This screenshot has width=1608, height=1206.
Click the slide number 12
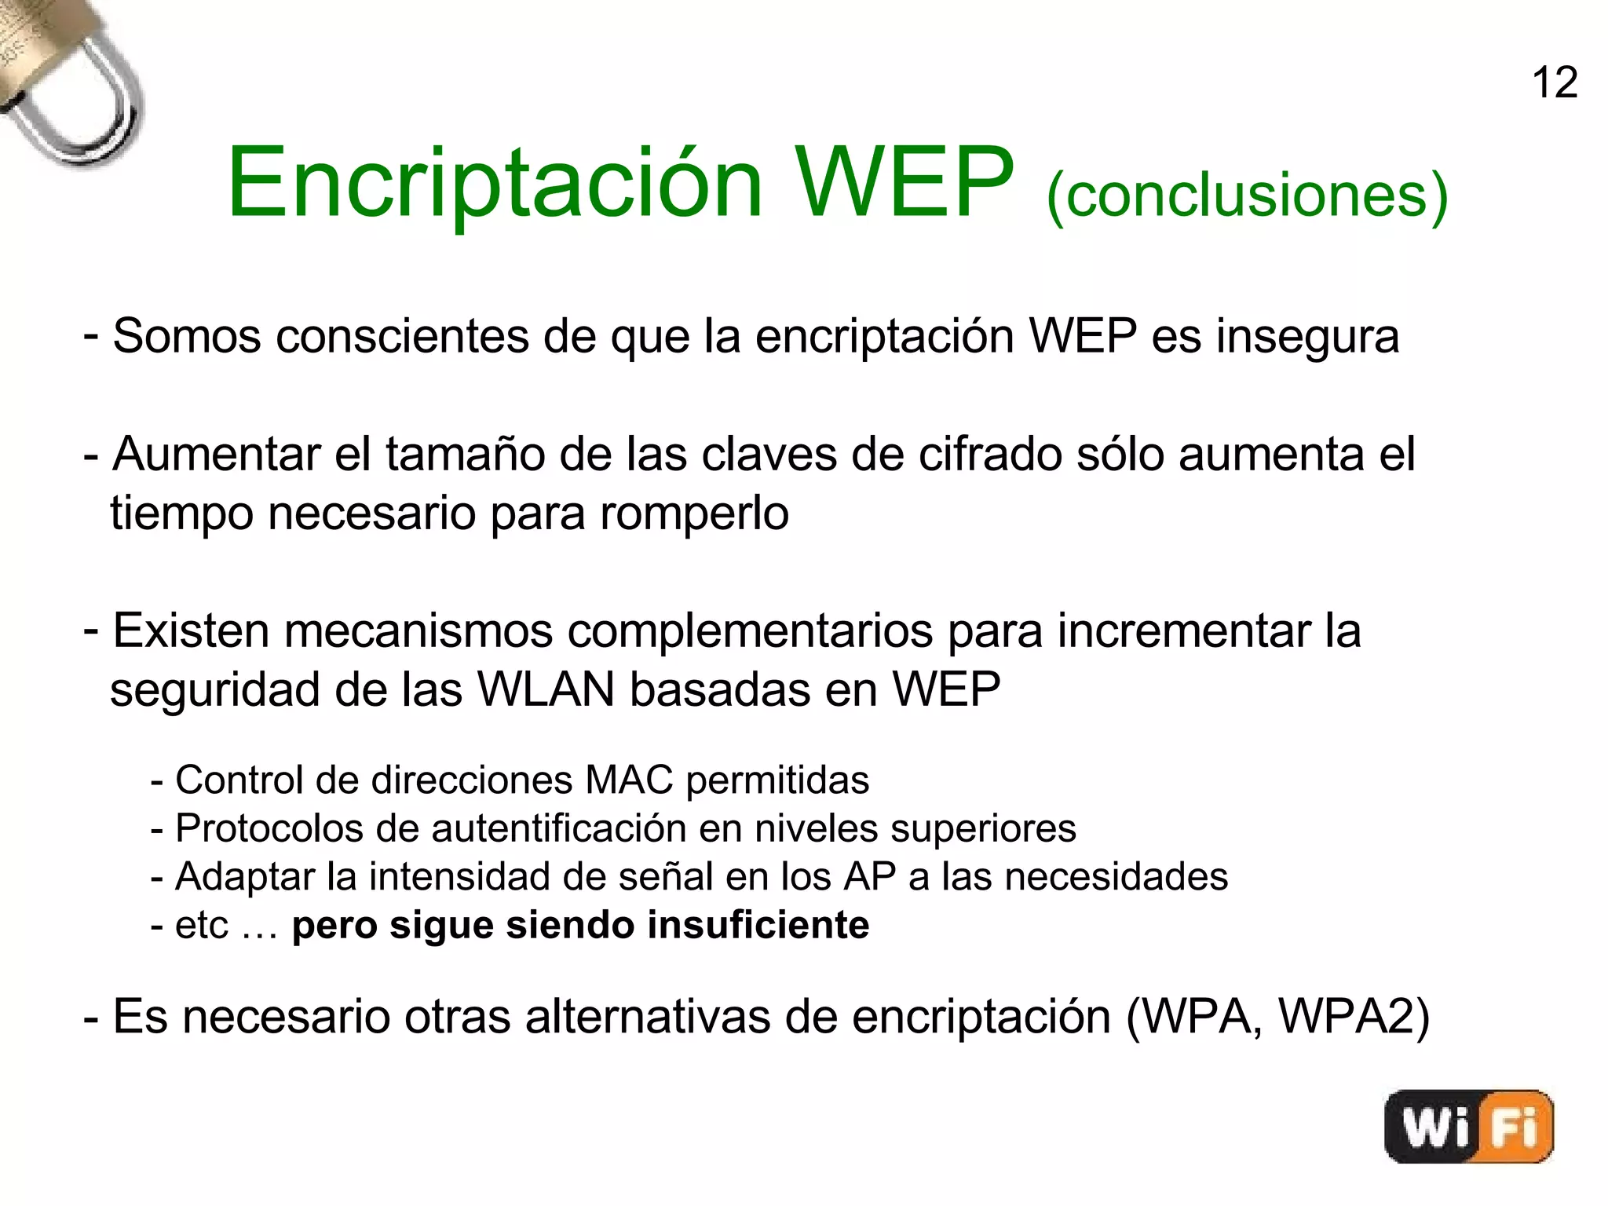tap(1554, 82)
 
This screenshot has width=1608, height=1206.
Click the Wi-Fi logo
tap(1468, 1126)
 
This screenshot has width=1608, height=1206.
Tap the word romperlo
tap(694, 513)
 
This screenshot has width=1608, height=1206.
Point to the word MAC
tap(629, 780)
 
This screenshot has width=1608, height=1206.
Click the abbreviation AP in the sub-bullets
tap(869, 876)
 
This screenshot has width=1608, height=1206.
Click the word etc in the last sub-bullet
tap(201, 925)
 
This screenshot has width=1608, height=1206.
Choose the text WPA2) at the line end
tap(1354, 1017)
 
